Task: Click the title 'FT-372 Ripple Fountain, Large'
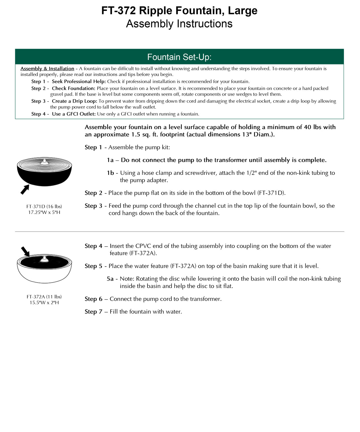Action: click(x=179, y=11)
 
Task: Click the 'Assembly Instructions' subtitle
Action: click(x=179, y=24)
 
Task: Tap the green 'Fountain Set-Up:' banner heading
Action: click(x=179, y=57)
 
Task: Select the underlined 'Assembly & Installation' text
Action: click(x=47, y=69)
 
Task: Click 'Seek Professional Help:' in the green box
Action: click(x=79, y=82)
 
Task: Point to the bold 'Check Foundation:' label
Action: click(x=73, y=88)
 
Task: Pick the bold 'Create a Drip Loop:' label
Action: click(x=74, y=101)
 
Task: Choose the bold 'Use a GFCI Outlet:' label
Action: click(x=74, y=114)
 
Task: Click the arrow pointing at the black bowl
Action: click(x=25, y=190)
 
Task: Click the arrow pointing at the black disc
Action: click(x=25, y=251)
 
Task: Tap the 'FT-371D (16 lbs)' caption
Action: click(x=44, y=206)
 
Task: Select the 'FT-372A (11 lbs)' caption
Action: click(x=44, y=297)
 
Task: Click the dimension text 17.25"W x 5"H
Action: click(x=44, y=213)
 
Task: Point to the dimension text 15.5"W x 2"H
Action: click(x=44, y=303)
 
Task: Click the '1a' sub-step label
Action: click(x=110, y=160)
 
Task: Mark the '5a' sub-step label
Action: click(x=110, y=279)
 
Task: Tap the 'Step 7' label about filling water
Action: click(x=93, y=312)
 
